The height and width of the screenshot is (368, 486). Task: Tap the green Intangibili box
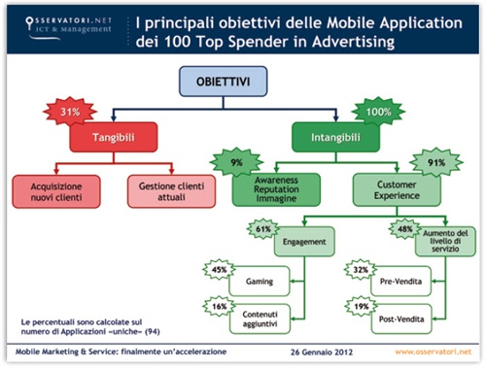point(334,137)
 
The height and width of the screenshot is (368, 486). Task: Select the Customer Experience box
point(386,188)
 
